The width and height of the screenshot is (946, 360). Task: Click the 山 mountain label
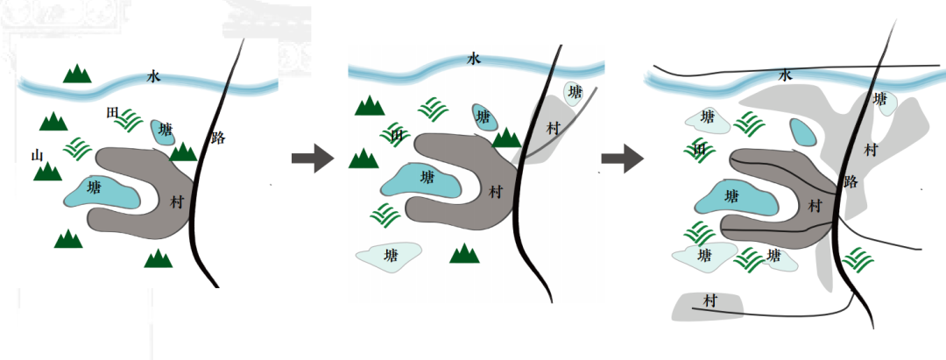38,156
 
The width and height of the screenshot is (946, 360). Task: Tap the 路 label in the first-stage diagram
218,138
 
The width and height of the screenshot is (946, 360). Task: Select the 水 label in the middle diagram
474,59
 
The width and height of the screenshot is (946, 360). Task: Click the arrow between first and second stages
313,158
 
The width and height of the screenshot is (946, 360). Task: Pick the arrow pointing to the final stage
623,159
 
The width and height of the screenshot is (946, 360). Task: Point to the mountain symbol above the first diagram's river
77,74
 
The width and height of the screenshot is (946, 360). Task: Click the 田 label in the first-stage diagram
111,113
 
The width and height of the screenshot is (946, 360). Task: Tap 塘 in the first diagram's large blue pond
95,187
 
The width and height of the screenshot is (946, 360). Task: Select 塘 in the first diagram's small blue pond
166,130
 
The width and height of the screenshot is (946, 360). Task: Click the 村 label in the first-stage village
176,202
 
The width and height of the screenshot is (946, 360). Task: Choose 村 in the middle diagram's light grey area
553,128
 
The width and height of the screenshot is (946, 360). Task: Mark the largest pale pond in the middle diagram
389,257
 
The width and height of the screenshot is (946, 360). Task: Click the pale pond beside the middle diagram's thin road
575,92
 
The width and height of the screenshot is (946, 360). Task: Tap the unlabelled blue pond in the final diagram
803,132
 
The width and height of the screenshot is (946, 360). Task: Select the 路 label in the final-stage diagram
851,181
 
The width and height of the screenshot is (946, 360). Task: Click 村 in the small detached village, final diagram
710,301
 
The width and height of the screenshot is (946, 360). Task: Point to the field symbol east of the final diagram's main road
858,258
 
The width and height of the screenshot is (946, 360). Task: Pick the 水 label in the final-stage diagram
785,74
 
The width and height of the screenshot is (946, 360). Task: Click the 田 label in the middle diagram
397,136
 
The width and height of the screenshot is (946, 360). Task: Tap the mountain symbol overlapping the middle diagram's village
506,138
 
